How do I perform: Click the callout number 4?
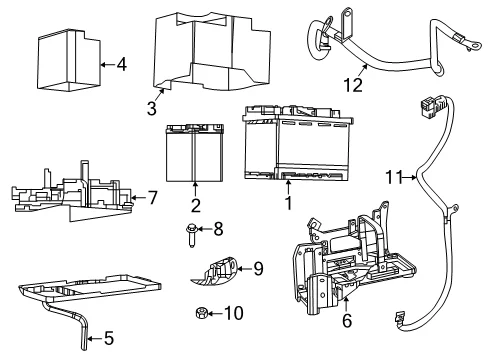tap(122, 64)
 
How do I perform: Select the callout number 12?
tap(353, 85)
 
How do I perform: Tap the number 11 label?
tap(394, 177)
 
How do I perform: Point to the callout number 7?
tap(152, 198)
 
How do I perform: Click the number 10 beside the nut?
tap(234, 313)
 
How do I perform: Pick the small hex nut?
tap(201, 313)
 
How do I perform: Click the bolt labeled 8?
tap(191, 235)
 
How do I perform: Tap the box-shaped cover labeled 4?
tap(69, 61)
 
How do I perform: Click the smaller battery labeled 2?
tap(195, 153)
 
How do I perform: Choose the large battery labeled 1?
tap(298, 143)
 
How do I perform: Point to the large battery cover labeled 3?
tap(211, 52)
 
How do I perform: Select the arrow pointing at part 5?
tap(94, 339)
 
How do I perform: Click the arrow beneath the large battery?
tap(288, 187)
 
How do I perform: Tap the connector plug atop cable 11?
tap(427, 107)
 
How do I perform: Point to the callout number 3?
tap(152, 108)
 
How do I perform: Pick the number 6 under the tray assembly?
tap(347, 320)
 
